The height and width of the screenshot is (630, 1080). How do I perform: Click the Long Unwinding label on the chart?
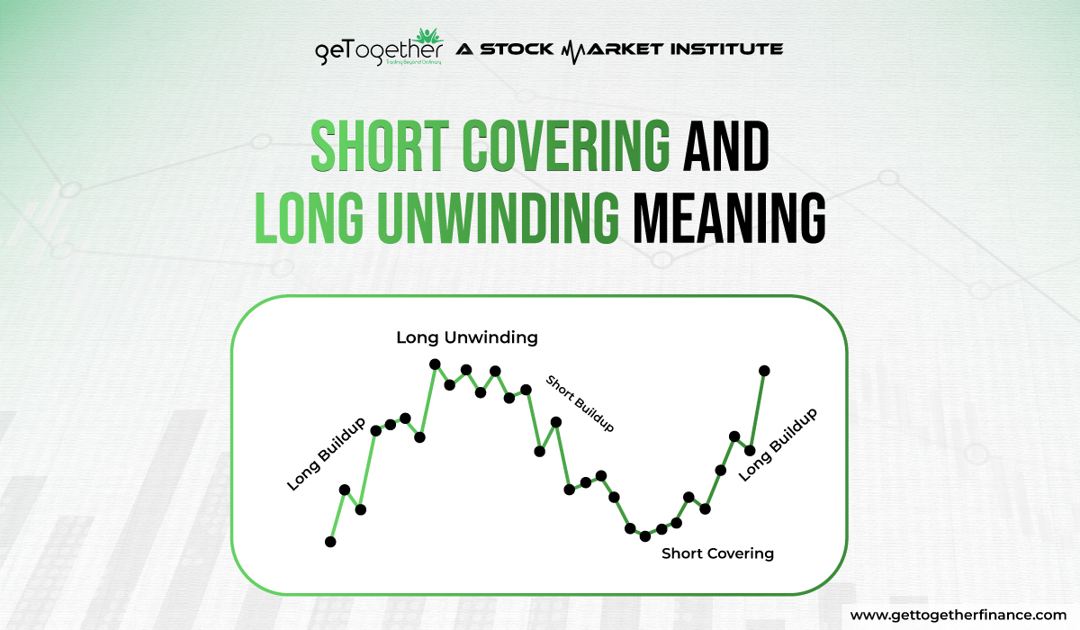coord(466,337)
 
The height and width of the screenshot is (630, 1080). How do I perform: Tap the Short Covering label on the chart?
coord(717,553)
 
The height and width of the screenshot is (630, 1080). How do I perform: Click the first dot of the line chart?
coord(330,542)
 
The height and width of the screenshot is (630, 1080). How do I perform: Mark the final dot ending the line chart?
coord(764,370)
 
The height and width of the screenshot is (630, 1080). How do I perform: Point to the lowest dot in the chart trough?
coord(644,536)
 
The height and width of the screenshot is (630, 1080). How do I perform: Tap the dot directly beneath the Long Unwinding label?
coord(435,364)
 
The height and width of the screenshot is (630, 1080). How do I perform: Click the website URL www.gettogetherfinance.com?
coord(957,614)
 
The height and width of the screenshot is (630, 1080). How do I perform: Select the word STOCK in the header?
coord(517,49)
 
